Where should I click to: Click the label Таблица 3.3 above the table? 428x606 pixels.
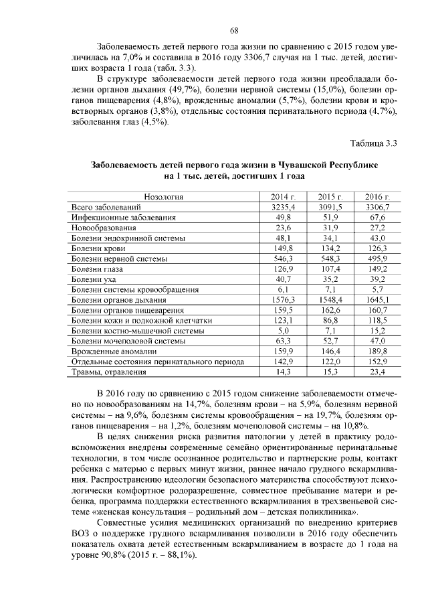pyautogui.click(x=374, y=142)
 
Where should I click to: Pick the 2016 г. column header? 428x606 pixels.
pyautogui.click(x=378, y=197)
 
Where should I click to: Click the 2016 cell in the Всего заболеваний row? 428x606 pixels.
pyautogui.click(x=378, y=208)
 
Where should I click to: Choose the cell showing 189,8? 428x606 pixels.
pyautogui.click(x=378, y=351)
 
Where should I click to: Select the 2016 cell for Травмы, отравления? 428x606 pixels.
pyautogui.click(x=378, y=372)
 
